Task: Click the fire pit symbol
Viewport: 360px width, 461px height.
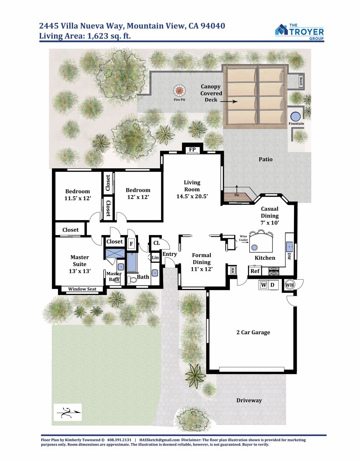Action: (180, 91)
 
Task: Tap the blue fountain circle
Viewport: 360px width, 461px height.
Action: (296, 116)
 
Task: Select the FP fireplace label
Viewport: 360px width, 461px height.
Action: (192, 149)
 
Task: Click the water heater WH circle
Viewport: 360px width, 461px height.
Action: (289, 285)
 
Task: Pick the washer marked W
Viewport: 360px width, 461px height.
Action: (264, 285)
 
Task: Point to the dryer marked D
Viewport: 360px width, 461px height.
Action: (273, 285)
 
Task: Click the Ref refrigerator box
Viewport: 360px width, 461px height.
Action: (255, 271)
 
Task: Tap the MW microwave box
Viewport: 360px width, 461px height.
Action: (233, 270)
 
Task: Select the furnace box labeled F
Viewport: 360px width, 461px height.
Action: (131, 244)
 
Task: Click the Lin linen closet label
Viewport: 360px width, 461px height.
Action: (155, 257)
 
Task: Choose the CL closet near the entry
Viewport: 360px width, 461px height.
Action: (157, 243)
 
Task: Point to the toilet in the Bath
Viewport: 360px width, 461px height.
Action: (132, 280)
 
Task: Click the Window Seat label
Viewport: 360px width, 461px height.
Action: (82, 289)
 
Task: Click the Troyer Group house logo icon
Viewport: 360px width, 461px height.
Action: (281, 30)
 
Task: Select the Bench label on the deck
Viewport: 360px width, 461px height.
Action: (301, 81)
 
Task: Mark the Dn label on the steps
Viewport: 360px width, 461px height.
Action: (237, 195)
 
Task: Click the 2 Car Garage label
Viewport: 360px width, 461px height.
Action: (253, 332)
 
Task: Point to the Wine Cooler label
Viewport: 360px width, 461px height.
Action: (243, 238)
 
